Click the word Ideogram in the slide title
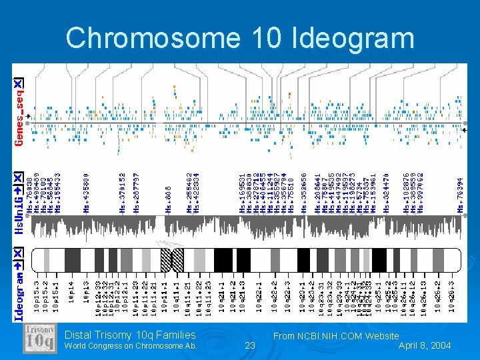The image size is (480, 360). click(353, 38)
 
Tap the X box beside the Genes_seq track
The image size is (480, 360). click(19, 83)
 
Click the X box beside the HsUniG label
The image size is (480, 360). click(19, 179)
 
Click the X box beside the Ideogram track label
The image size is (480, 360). click(19, 254)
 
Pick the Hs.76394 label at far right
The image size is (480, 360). click(460, 195)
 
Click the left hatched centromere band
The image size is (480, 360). click(166, 259)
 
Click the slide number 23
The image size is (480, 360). click(250, 345)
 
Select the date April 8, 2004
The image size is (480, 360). click(425, 345)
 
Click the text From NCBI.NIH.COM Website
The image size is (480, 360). click(336, 336)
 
